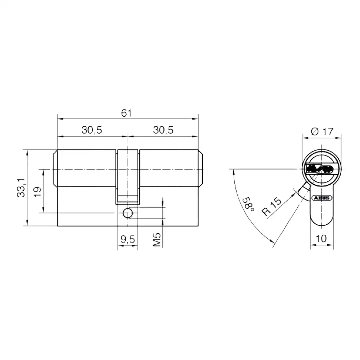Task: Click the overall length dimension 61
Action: pyautogui.click(x=126, y=113)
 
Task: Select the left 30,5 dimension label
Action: pyautogui.click(x=91, y=130)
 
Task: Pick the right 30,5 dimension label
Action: pyautogui.click(x=163, y=130)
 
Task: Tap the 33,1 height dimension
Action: pyautogui.click(x=21, y=188)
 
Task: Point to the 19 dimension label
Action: pyautogui.click(x=38, y=192)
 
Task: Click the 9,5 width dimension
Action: pyautogui.click(x=128, y=239)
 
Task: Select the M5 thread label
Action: pyautogui.click(x=157, y=240)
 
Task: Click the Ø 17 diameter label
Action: pyautogui.click(x=322, y=132)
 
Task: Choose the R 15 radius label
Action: pyautogui.click(x=271, y=206)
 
